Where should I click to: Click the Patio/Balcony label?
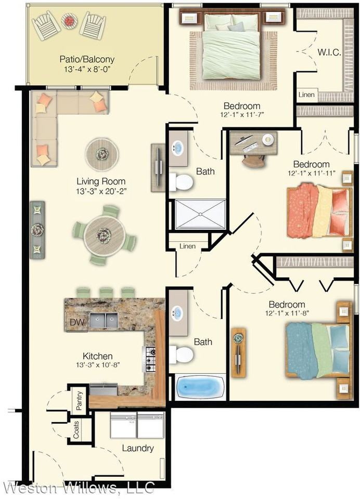[x=87, y=59]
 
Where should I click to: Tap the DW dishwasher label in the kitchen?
[x=77, y=322]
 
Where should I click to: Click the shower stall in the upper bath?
[x=200, y=214]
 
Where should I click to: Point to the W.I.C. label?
[x=329, y=52]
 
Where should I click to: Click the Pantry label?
[x=79, y=400]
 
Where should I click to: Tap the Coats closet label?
[x=76, y=430]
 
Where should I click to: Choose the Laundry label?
[x=138, y=449]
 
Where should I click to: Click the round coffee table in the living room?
[x=102, y=154]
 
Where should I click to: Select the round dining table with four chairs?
[x=104, y=235]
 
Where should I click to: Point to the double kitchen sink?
[x=104, y=320]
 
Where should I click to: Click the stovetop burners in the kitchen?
[x=149, y=359]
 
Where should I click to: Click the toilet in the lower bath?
[x=181, y=354]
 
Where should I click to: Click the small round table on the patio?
[x=70, y=21]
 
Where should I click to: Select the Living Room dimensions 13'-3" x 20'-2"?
[x=101, y=192]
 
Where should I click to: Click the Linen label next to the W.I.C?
[x=306, y=95]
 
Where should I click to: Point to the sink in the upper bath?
[x=178, y=148]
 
